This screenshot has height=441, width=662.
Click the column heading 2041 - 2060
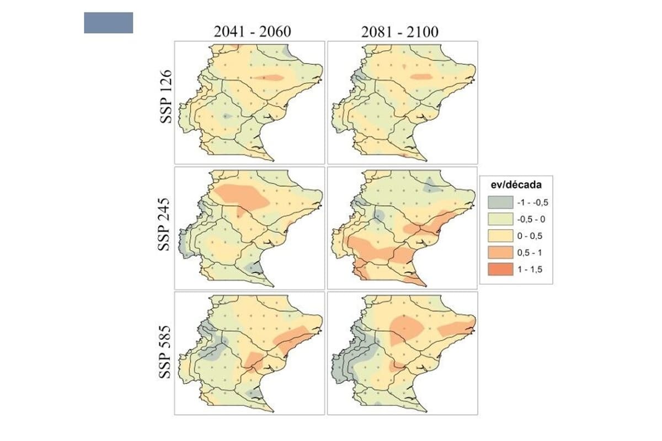coord(253,32)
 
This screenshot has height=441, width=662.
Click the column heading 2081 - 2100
coord(400,32)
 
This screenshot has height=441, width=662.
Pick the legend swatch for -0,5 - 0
coord(498,219)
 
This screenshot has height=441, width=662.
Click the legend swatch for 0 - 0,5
coord(498,235)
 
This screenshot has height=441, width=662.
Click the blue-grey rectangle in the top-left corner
coord(108,23)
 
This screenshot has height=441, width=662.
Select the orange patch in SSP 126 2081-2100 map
coord(422,77)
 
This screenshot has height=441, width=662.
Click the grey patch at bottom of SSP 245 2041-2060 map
coord(253,268)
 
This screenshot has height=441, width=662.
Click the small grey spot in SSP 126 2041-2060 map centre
coord(226,116)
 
